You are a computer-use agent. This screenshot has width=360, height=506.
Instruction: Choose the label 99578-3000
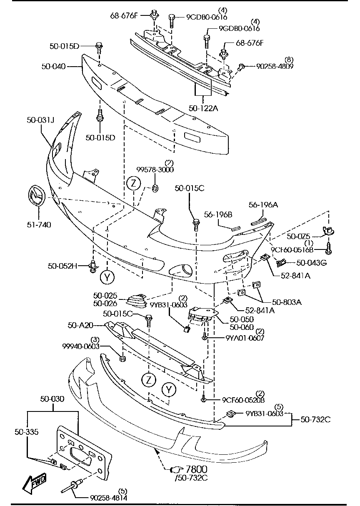(156, 169)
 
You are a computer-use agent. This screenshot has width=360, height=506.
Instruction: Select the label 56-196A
(263, 205)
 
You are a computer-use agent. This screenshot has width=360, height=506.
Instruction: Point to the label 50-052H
(63, 265)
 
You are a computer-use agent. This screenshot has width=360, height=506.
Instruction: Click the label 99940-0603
(81, 346)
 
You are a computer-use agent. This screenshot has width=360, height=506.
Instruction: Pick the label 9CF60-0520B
(243, 400)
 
